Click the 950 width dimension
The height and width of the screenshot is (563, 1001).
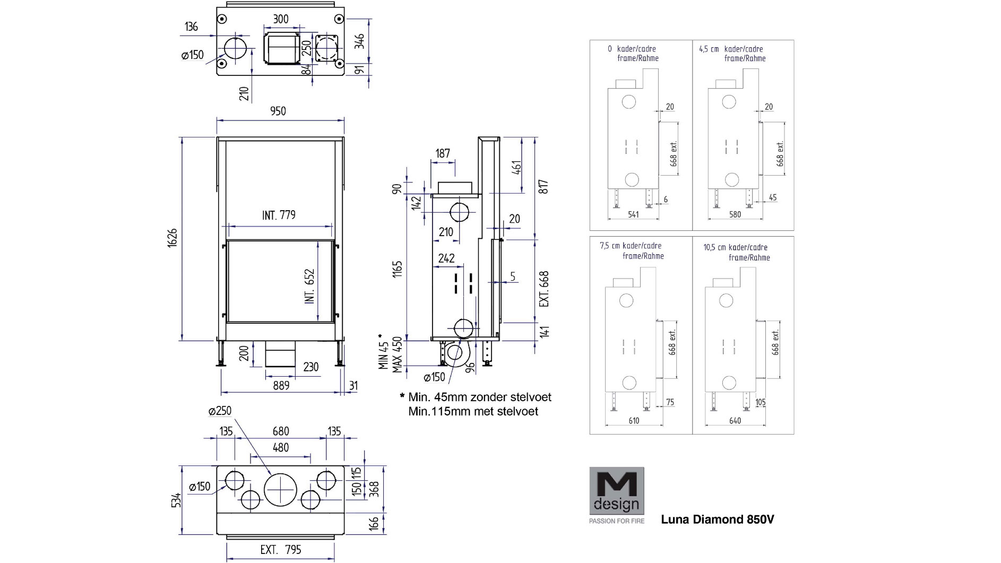(x=278, y=111)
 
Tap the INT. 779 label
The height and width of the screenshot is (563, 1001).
(x=279, y=215)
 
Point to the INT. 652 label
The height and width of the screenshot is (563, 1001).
(x=310, y=286)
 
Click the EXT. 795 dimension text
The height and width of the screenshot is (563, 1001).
(x=281, y=550)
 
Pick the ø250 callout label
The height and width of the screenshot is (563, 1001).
(x=220, y=411)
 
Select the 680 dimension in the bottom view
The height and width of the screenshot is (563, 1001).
(x=281, y=431)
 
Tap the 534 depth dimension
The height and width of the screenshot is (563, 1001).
(x=177, y=500)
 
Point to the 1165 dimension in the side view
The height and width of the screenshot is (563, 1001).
(x=398, y=268)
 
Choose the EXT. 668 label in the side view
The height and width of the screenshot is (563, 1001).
(x=544, y=289)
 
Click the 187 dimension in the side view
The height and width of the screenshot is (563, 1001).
(x=443, y=154)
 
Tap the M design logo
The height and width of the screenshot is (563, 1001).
(x=617, y=491)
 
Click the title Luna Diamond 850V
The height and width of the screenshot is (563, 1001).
(x=717, y=519)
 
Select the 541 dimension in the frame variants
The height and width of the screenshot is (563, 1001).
(x=633, y=214)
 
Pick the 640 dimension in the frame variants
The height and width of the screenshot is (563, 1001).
(x=735, y=421)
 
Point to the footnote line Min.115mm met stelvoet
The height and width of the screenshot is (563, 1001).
(x=473, y=411)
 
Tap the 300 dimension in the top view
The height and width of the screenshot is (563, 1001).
(x=281, y=20)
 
